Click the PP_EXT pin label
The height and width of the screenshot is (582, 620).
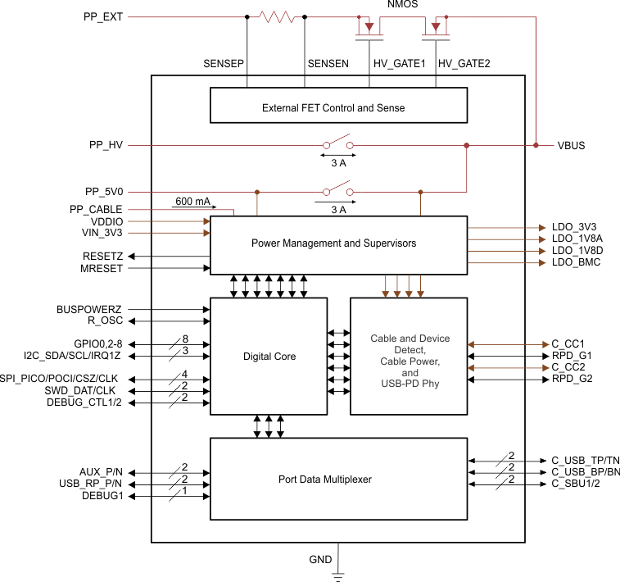pos(103,16)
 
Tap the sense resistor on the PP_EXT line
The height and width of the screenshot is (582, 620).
pos(276,16)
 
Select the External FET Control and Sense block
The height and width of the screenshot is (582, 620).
pos(338,107)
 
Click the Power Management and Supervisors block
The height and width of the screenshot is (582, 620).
pos(338,243)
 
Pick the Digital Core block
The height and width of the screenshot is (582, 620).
pos(269,357)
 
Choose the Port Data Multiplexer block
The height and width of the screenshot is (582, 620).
pos(338,479)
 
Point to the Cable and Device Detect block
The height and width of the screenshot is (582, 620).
pos(409,356)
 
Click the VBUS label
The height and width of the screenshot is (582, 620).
pos(571,146)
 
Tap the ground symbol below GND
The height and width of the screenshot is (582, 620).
pos(337,575)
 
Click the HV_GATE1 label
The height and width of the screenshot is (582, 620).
pos(399,63)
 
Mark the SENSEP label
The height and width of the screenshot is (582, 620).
pos(224,63)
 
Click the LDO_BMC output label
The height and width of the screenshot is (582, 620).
pos(576,262)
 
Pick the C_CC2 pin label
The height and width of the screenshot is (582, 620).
pos(568,367)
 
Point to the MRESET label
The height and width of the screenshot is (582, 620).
pos(102,268)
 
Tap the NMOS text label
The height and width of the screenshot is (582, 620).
pos(401,4)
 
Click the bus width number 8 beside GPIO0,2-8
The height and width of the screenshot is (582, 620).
pos(185,339)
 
